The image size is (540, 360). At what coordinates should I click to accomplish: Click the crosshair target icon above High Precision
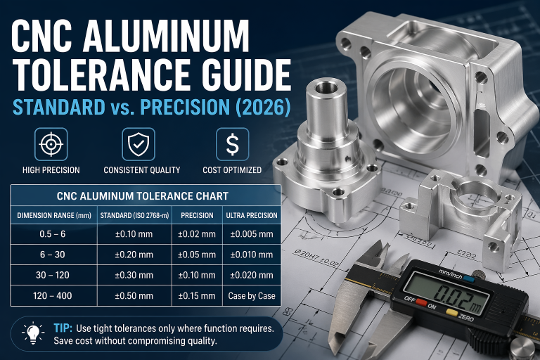coord(51,144)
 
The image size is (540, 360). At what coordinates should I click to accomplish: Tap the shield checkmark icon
coord(139,144)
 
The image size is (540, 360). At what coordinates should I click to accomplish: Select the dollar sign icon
coord(233,144)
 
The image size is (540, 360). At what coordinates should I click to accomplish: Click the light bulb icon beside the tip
coord(33,333)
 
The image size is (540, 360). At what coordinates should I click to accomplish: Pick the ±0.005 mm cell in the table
coord(252,234)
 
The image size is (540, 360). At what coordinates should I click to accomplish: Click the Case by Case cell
coord(252,295)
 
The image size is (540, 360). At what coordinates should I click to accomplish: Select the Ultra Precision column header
coord(252,216)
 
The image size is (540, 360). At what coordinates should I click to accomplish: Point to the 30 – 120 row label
coord(53,275)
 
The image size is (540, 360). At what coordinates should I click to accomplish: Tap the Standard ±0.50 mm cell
coord(134,295)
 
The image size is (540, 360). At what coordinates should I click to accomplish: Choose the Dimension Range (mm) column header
coord(54,216)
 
